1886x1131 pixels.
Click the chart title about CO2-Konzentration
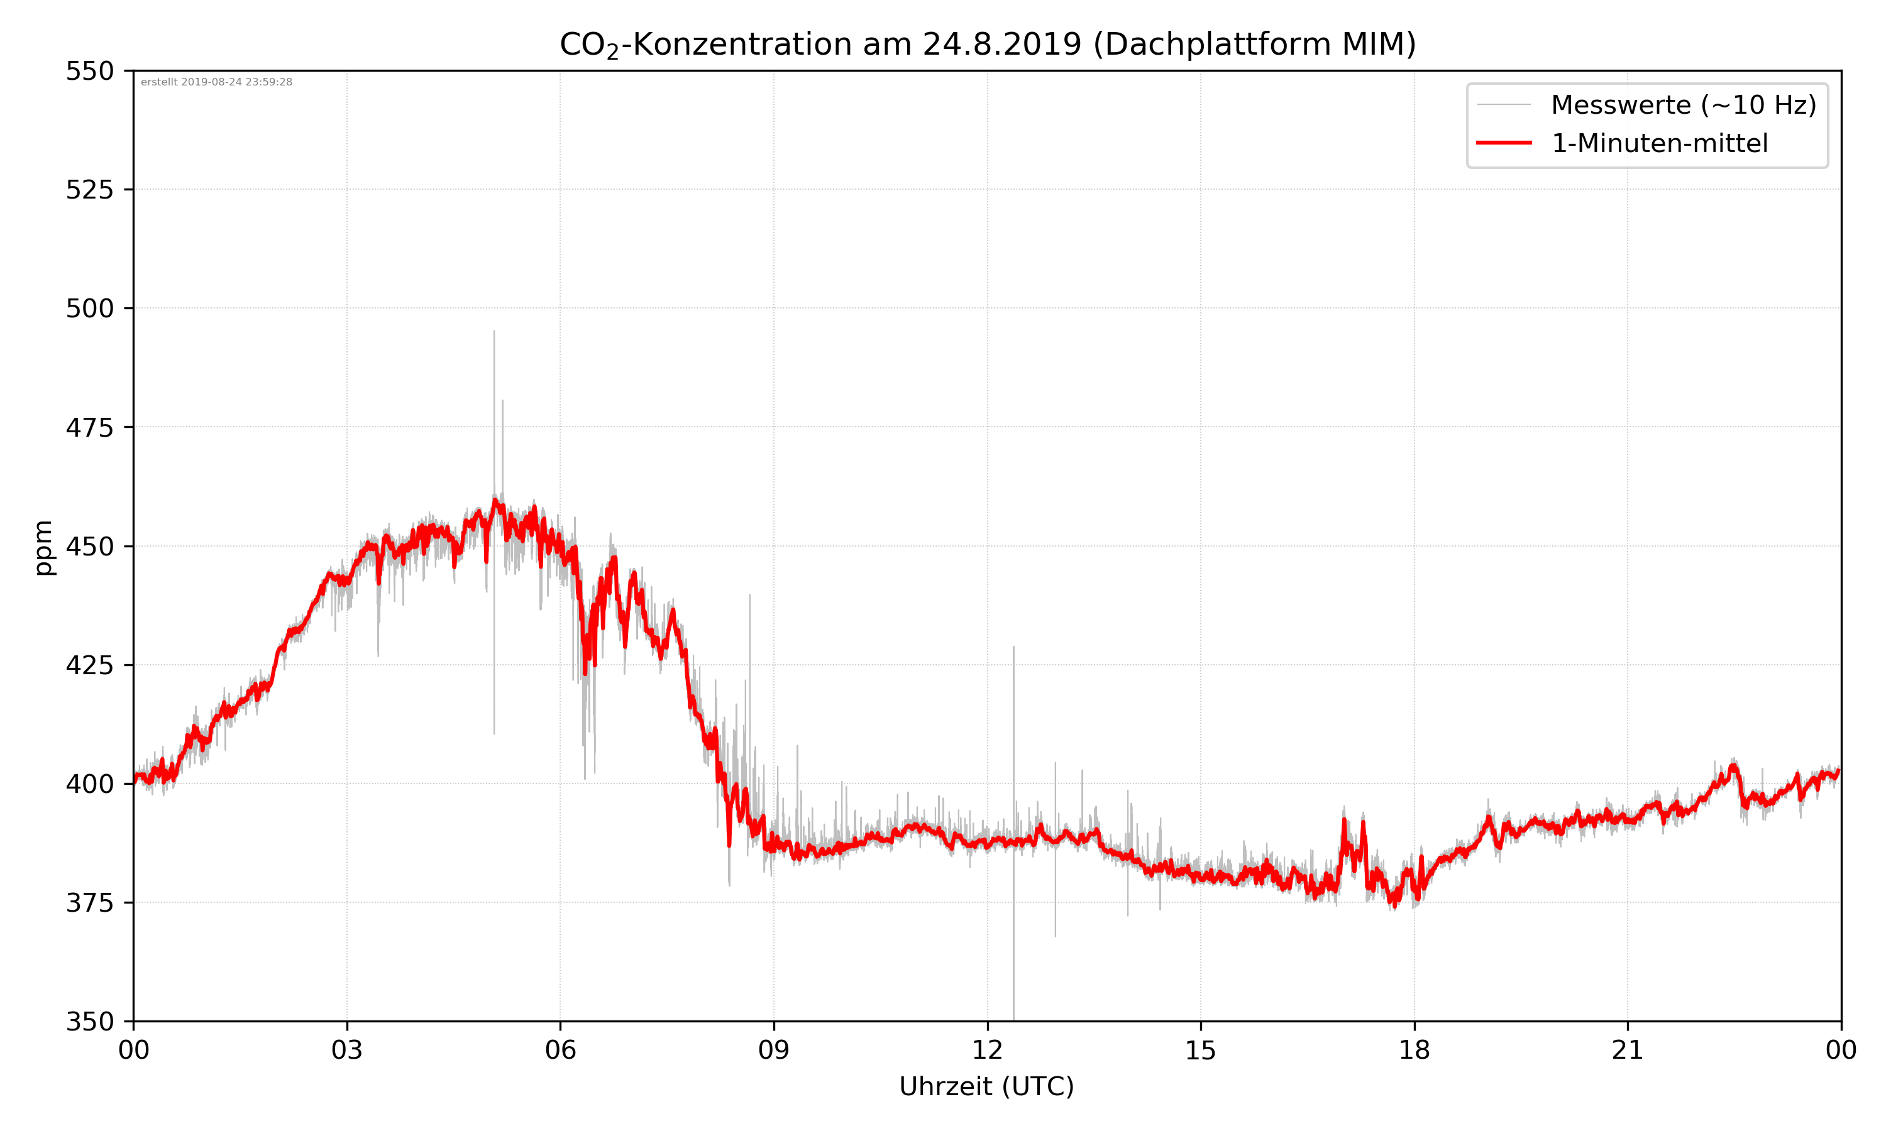987,44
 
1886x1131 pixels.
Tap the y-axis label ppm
43,547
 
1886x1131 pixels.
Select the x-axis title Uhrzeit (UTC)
986,1086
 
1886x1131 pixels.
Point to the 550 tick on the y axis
89,72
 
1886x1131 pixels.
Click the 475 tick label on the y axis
89,427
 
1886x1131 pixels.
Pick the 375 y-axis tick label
89,903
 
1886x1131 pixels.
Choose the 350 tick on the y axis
89,1021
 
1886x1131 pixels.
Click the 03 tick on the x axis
347,1050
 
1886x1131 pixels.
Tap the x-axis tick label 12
987,1050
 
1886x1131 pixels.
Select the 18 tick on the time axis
1414,1050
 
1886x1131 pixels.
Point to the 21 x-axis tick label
1628,1050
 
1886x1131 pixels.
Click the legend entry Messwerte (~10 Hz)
1683,105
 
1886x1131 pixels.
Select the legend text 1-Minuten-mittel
1659,143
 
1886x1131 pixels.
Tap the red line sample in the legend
1503,143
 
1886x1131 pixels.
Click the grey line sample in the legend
1503,104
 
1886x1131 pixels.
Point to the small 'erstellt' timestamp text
216,82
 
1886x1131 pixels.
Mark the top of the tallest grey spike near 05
494,332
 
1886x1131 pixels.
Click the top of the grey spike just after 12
1013,647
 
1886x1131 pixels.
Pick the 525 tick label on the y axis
89,190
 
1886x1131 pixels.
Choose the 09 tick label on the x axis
774,1050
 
